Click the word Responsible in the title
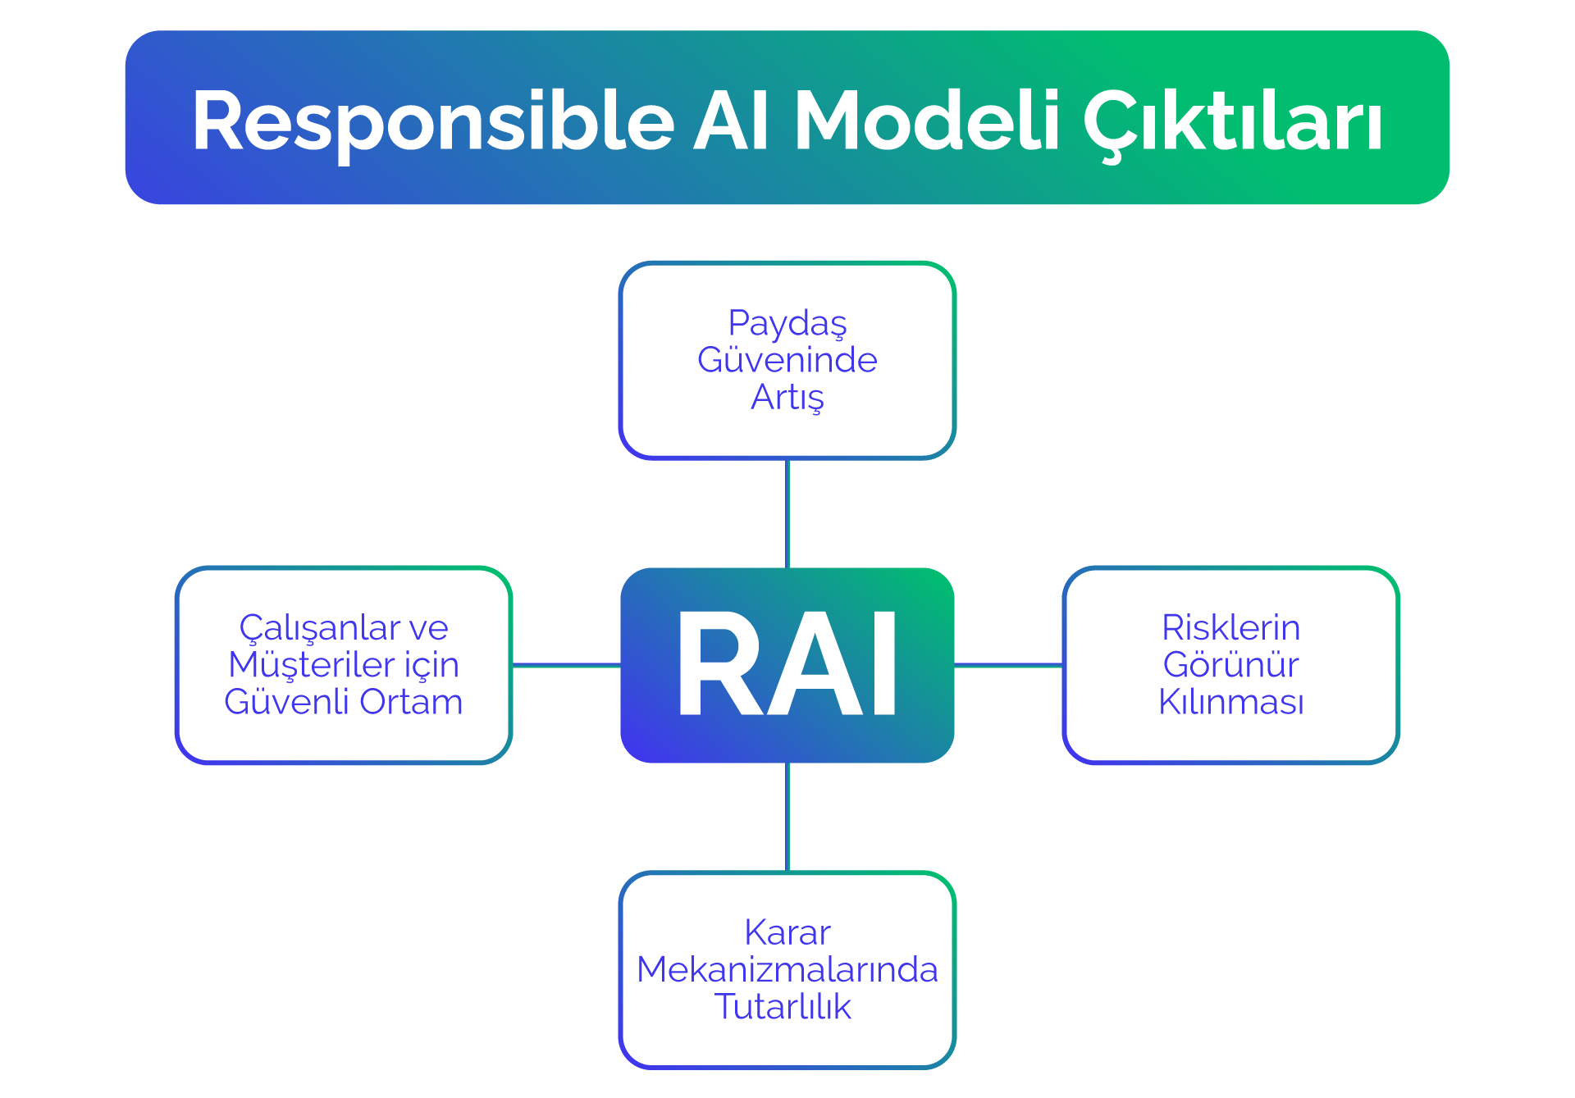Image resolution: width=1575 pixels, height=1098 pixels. click(x=433, y=121)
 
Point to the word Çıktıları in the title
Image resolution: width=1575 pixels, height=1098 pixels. click(x=1233, y=121)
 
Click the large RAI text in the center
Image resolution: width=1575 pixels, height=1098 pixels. click(x=787, y=665)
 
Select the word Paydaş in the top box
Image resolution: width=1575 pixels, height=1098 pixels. click(x=787, y=324)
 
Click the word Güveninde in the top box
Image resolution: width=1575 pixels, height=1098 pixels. click(x=787, y=360)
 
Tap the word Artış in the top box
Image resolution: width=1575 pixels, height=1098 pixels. click(x=787, y=398)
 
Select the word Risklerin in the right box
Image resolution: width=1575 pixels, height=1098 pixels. click(x=1230, y=628)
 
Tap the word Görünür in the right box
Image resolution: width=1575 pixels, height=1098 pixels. click(x=1230, y=665)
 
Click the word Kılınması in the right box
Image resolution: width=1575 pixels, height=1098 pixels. click(x=1230, y=702)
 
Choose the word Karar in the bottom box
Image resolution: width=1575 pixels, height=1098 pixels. click(x=787, y=933)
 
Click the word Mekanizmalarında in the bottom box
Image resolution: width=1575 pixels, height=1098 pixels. click(x=787, y=970)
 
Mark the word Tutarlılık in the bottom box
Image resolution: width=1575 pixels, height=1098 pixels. click(x=783, y=1007)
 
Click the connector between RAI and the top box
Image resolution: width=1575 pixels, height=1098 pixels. click(x=787, y=513)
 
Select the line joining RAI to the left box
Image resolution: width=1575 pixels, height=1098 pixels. click(x=566, y=665)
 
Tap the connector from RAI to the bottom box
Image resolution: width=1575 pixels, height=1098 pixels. click(x=787, y=817)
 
